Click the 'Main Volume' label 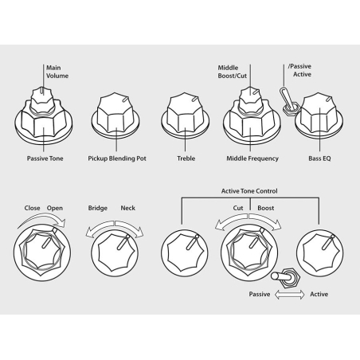57,72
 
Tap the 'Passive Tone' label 45,158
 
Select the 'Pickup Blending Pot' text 117,158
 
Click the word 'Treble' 186,158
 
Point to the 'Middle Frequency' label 252,158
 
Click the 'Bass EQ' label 319,158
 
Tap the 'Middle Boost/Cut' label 233,72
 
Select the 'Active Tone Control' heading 249,191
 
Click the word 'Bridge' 98,208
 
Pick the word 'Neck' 128,208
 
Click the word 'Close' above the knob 32,208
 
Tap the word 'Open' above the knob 55,208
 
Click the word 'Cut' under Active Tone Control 238,208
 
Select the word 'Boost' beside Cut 266,208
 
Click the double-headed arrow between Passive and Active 290,295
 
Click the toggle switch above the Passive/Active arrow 286,278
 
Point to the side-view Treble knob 185,115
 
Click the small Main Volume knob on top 42,100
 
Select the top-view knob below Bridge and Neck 115,252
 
